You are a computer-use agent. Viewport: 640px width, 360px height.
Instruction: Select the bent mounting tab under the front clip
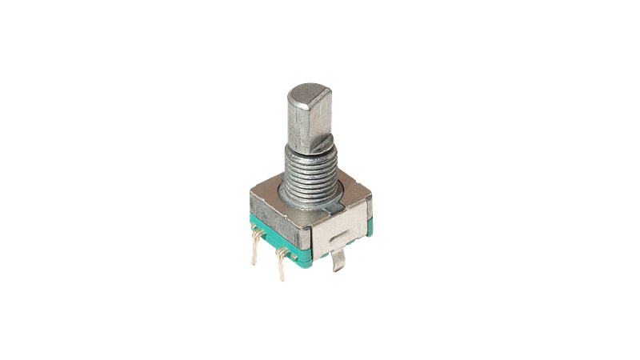341,260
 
